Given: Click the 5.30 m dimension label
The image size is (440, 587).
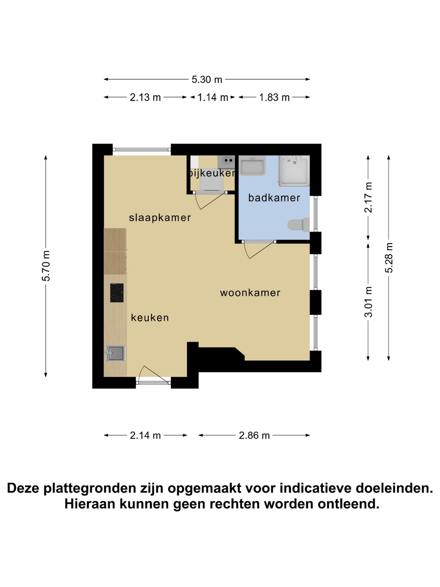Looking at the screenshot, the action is pos(207,79).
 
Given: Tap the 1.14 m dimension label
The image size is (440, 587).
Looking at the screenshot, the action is pos(213,97).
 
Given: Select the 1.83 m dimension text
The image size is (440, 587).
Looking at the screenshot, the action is pos(275,97).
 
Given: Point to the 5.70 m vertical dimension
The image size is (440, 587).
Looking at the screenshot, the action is pos(46,266).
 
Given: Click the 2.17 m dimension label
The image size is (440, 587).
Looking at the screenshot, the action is pos(368,197).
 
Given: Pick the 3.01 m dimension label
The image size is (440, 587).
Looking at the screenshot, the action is pos(368,302).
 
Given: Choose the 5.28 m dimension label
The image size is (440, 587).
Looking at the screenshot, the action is pos(389,258).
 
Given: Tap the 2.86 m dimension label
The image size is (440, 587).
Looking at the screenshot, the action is pos(254,436).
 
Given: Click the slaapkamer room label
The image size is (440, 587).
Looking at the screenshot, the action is pos(160,218).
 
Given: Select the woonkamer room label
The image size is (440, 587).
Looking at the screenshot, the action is pos(250,293).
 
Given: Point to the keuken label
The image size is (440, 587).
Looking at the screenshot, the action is pos(150,317).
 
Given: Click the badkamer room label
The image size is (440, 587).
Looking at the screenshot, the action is pos(274,198).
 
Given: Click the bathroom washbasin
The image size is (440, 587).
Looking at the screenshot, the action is pos(252,166).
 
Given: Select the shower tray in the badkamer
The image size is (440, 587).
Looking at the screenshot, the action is pos(294,170).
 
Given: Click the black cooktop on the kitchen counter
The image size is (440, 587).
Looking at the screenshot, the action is pos(117,293).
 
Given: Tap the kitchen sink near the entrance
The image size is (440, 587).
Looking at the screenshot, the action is pos(115,353).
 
